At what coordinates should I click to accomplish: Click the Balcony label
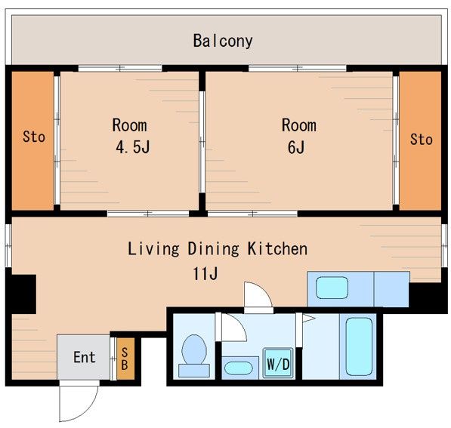[x=223, y=41]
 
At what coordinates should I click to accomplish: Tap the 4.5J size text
[x=133, y=147]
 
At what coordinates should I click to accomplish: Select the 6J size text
[x=296, y=147]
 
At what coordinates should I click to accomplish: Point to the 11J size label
[x=205, y=273]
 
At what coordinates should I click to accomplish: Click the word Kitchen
[x=277, y=248]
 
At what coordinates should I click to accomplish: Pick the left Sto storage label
[x=34, y=137]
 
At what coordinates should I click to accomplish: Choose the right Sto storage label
[x=421, y=140]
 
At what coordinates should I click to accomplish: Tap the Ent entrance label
[x=85, y=357]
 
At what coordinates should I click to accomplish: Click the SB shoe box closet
[x=125, y=359]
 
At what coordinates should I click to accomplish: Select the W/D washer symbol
[x=278, y=363]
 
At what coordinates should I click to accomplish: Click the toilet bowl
[x=194, y=349]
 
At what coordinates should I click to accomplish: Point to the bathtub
[x=359, y=346]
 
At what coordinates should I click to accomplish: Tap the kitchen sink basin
[x=332, y=288]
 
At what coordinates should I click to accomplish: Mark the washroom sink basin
[x=239, y=368]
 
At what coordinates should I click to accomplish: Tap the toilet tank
[x=194, y=370]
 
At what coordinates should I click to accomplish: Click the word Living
[x=153, y=249]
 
